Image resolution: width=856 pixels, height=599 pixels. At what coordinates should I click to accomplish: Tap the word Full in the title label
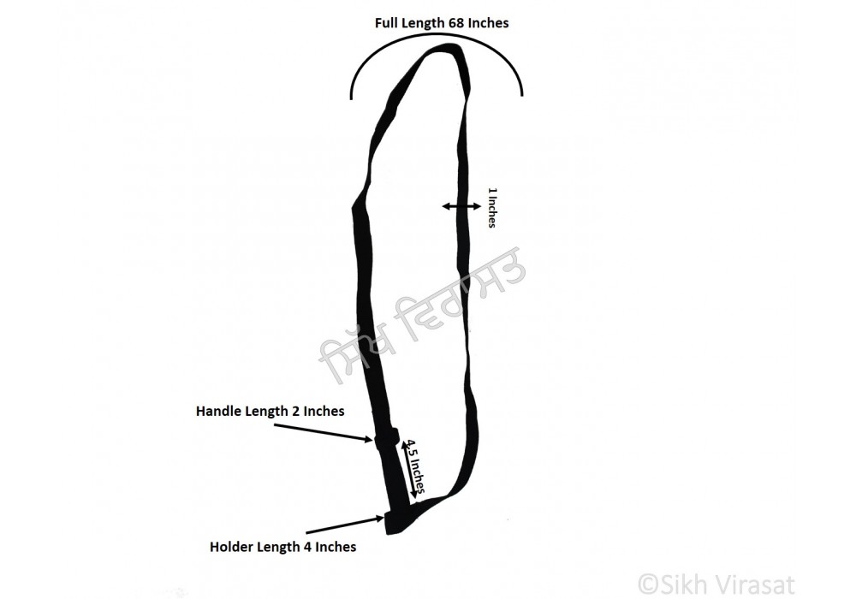pos(386,23)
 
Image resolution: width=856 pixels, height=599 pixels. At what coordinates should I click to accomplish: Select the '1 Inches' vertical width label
pos(492,207)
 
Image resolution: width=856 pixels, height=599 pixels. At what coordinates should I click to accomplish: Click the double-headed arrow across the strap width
pos(462,206)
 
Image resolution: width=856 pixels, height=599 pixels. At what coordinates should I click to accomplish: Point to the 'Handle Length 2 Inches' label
pos(270,411)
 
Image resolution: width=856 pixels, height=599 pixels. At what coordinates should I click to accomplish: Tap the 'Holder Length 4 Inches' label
pos(282,547)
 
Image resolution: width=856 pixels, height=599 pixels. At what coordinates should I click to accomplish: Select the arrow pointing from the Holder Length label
pos(345,525)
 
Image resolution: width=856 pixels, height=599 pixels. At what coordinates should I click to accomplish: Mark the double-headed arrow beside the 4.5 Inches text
pos(408,471)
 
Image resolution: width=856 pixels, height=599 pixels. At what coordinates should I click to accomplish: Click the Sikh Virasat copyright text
pos(716,584)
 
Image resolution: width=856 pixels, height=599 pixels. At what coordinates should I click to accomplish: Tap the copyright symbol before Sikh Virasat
pos(649,584)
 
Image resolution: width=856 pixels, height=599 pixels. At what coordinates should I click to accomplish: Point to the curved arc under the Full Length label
pos(437,35)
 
